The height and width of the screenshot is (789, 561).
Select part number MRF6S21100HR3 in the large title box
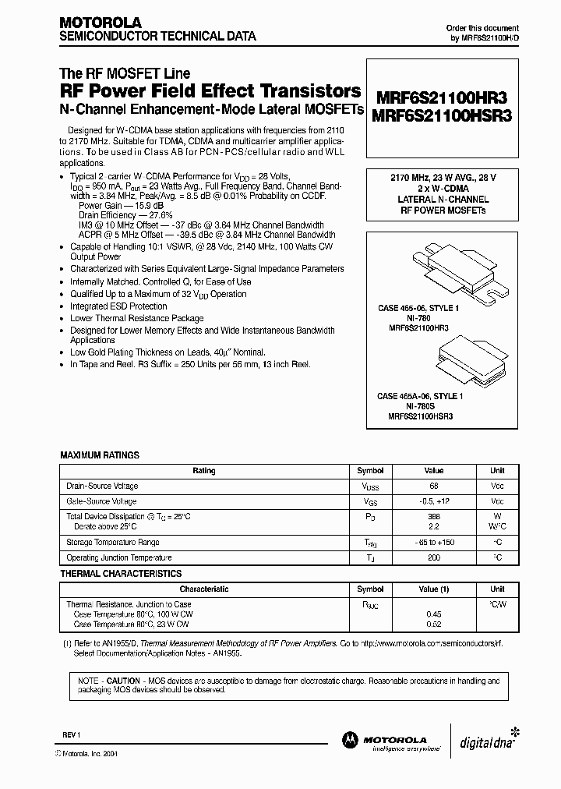(x=441, y=98)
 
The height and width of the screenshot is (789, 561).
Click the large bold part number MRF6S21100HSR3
(x=441, y=115)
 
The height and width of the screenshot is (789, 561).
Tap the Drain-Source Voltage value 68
(x=433, y=486)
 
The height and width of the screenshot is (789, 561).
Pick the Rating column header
(x=203, y=471)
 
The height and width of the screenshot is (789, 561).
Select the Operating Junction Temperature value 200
(x=433, y=557)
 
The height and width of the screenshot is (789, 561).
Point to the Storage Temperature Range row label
(x=113, y=543)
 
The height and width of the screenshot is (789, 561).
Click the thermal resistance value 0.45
(x=433, y=614)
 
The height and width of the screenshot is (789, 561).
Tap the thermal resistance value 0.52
(x=433, y=624)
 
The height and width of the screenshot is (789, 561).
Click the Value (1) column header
(x=433, y=589)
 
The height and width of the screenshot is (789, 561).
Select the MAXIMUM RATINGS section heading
(x=100, y=455)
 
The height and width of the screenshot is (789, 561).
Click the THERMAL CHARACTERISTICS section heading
(x=121, y=574)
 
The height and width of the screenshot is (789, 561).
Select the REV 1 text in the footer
(x=71, y=735)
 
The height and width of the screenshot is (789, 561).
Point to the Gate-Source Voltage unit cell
(x=497, y=501)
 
